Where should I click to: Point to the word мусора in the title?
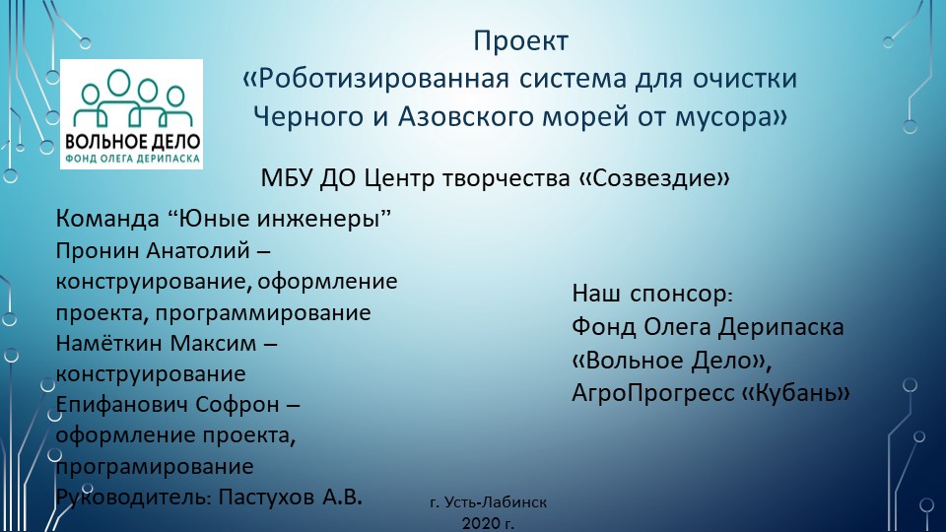click(727, 115)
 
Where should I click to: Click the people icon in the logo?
click(130, 91)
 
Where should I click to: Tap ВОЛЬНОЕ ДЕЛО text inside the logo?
click(131, 139)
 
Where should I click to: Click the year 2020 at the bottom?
click(480, 521)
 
